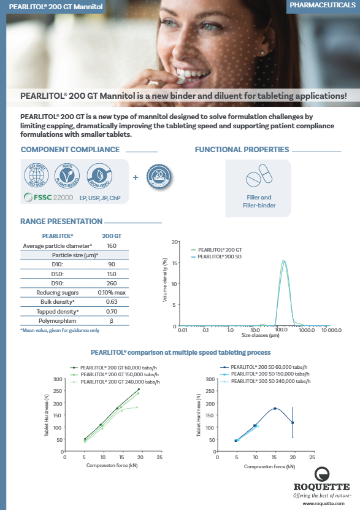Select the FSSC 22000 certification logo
48,198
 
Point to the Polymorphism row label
57,321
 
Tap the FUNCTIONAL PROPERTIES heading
242,149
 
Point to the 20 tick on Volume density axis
175,242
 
